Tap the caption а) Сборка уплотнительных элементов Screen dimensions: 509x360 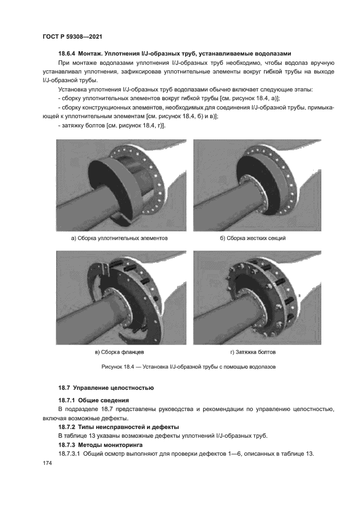[x=119, y=238]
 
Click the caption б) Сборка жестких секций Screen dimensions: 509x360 [x=253, y=238]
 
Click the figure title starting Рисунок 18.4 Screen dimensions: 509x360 [x=188, y=367]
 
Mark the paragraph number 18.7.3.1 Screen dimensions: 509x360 [x=70, y=453]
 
